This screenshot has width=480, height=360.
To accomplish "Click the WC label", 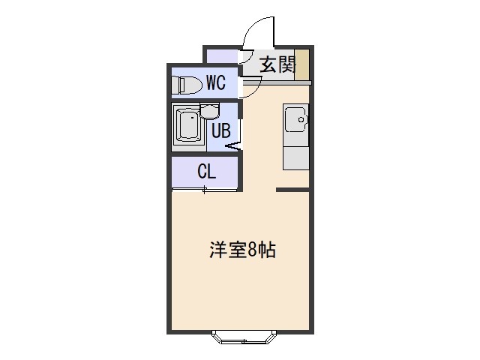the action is [216, 82].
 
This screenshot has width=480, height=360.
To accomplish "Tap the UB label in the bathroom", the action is [221, 130].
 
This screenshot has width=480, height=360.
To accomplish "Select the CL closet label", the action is [207, 171].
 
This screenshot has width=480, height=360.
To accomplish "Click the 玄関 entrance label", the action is [278, 64].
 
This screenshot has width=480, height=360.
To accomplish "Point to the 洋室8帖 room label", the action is [242, 250].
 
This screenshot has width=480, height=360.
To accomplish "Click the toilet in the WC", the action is [187, 85].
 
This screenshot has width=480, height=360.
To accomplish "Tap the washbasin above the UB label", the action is [210, 111].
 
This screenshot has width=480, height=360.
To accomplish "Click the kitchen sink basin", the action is [296, 119].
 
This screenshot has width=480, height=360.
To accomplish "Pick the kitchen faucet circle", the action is [301, 120].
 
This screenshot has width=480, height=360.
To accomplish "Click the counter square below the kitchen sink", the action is [295, 158].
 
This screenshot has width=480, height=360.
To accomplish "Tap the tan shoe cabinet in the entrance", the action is [301, 64].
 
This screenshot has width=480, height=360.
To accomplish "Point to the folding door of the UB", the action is [233, 146].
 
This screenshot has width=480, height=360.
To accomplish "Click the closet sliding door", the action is [205, 190].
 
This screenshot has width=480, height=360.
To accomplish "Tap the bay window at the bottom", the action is [244, 337].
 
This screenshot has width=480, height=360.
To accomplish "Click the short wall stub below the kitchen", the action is [292, 190].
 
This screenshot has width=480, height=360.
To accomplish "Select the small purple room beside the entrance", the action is [222, 56].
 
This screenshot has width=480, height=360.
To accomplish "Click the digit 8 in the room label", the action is [253, 250].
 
